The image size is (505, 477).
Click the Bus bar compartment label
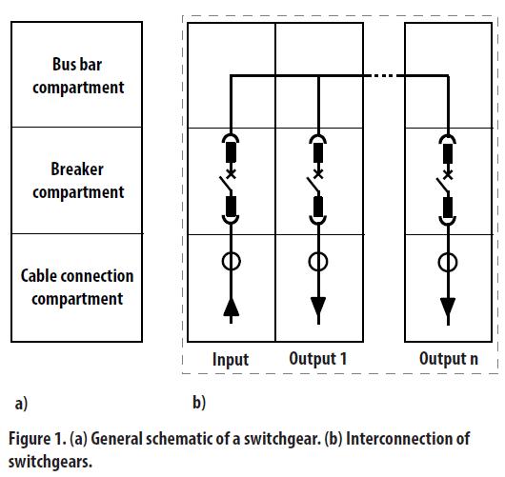tap(78, 76)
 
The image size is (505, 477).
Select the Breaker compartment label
tap(78, 181)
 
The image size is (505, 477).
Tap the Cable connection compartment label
tap(77, 288)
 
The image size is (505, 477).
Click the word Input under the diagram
tap(231, 360)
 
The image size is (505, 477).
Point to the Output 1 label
tap(318, 359)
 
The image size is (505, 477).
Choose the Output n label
tap(449, 359)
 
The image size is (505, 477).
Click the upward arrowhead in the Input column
tap(231, 308)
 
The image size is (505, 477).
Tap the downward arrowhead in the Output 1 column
tap(318, 307)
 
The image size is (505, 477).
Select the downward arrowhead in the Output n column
tap(448, 308)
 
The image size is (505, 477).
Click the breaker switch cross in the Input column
tap(231, 174)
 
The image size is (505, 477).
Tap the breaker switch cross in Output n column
tap(448, 175)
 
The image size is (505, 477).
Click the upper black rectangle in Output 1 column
tap(318, 152)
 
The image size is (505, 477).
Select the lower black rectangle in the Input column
tap(231, 207)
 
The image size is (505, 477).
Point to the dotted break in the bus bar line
tap(382, 76)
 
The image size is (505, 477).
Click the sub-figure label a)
tap(21, 404)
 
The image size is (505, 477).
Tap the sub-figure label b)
tap(199, 403)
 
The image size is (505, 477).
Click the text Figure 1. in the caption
tap(37, 438)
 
